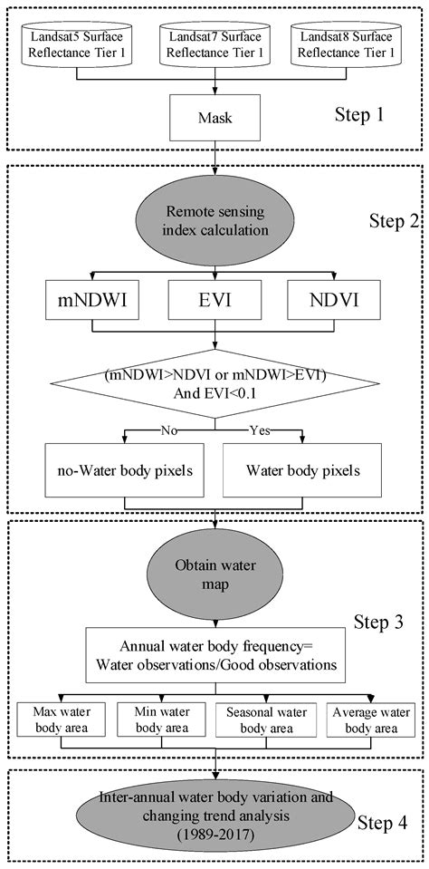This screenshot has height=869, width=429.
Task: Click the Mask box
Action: click(x=214, y=117)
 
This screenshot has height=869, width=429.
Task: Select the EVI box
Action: click(x=214, y=298)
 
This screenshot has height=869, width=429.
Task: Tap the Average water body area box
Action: click(x=366, y=719)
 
